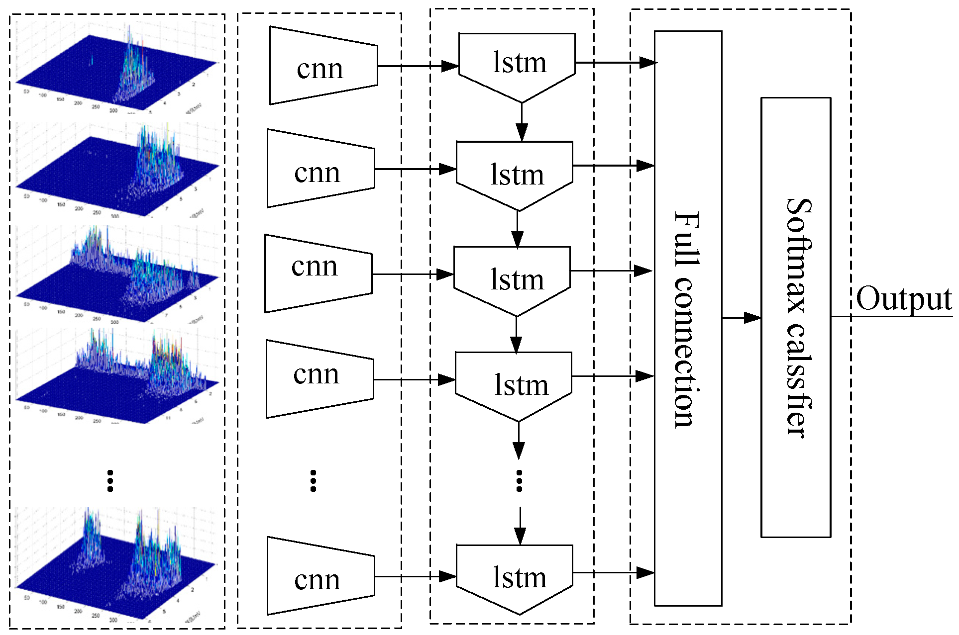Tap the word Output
click(904, 299)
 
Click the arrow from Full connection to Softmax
click(742, 317)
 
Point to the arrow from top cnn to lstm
click(418, 66)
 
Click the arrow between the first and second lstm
click(522, 122)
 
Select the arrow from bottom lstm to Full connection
click(613, 573)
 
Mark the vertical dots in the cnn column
click(313, 481)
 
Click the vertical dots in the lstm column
click(520, 481)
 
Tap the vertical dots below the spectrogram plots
click(110, 481)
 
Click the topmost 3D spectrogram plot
click(117, 70)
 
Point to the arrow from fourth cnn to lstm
click(414, 380)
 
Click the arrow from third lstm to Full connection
click(611, 271)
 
